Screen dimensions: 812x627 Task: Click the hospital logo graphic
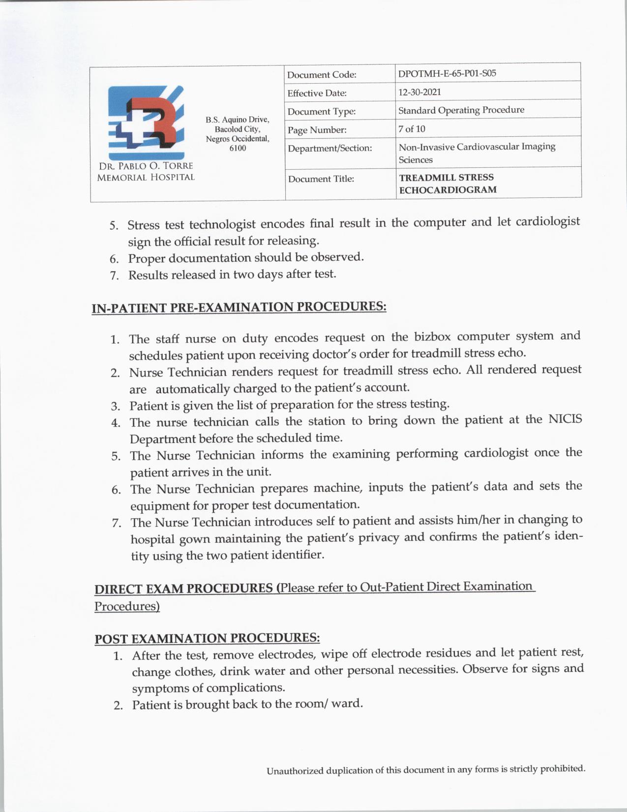coord(146,121)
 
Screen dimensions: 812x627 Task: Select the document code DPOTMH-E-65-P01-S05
coord(447,74)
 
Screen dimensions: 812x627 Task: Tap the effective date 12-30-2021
coord(419,92)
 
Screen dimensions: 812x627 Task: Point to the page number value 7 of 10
coord(412,129)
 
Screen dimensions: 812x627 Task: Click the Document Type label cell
coord(322,112)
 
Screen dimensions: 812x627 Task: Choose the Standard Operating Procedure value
coord(461,110)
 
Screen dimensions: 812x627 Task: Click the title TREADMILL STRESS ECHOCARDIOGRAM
coord(447,184)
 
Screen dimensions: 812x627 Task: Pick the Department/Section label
coord(329,148)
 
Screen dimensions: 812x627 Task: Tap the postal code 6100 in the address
coord(238,148)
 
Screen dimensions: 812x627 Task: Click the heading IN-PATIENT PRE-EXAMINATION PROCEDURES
coord(239,307)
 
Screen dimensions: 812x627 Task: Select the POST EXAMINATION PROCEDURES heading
coord(207,639)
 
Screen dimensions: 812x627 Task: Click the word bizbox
coord(432,337)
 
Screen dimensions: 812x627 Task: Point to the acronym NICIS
coord(565,419)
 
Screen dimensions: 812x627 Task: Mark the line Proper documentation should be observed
coord(246,258)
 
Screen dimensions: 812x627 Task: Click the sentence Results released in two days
coord(232,275)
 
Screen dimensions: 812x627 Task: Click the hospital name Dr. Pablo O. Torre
coord(146,166)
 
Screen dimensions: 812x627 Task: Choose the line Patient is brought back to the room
coord(247,704)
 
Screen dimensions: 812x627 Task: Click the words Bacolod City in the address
coord(237,129)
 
